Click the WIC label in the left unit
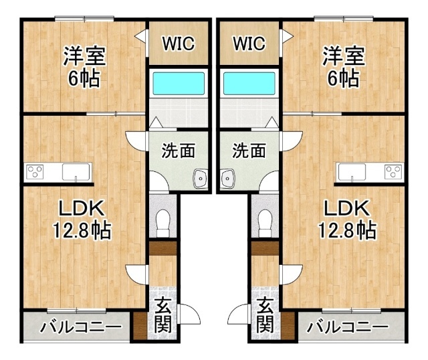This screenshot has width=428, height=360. pos(179,43)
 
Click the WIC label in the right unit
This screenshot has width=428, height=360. pos(249,43)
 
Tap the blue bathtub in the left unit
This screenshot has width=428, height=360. pos(179,83)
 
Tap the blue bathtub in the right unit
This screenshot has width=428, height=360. pos(249,83)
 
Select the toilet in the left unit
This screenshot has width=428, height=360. pos(163,223)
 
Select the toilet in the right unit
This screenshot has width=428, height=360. pos(265,223)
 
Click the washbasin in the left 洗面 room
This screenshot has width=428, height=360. pos(201,179)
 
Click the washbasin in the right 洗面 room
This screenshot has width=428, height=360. pos(227,179)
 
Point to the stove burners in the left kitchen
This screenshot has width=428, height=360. pos(35,171)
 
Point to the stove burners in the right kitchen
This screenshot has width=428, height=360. pos(393,171)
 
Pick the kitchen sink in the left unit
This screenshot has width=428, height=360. pos(76,172)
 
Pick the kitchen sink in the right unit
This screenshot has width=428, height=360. pos(352,172)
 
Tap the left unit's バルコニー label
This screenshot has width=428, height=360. pos(81,327)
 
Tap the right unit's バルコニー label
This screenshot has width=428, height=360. pos(347,327)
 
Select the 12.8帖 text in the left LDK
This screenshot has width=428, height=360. pos(82,230)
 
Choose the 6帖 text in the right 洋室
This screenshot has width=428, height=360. pos(343,78)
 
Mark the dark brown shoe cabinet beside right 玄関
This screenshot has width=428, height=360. pos(288,326)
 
